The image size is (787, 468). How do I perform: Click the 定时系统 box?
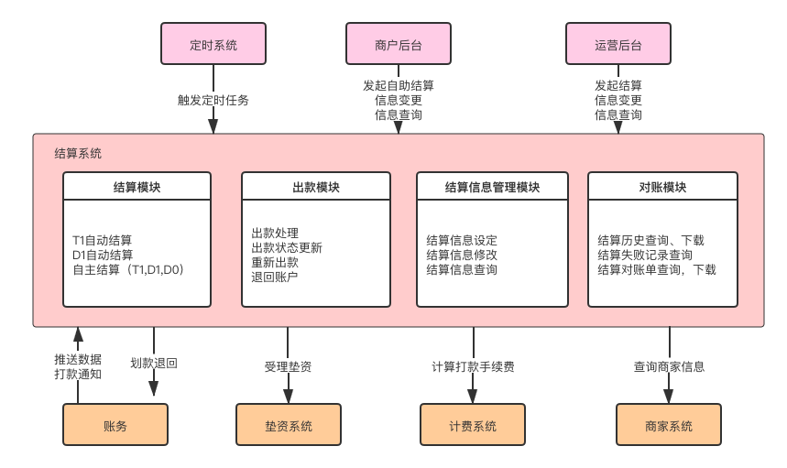click(213, 44)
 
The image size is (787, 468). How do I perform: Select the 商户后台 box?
click(399, 44)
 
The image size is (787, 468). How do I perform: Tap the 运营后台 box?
click(618, 44)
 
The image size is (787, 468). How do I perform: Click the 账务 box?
click(115, 426)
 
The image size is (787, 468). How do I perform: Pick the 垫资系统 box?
click(289, 426)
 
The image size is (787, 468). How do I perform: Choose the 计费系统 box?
click(473, 426)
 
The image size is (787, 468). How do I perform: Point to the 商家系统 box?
click(668, 426)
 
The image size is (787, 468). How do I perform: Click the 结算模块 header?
click(137, 188)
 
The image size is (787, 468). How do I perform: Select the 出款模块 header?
click(316, 188)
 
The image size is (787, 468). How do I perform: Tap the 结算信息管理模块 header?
click(492, 188)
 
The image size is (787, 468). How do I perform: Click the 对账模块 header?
click(662, 188)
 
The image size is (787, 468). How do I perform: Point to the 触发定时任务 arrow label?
click(213, 99)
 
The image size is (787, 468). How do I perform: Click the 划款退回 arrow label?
click(153, 364)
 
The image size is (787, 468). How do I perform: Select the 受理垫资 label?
click(288, 366)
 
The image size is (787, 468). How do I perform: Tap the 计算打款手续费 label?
click(473, 366)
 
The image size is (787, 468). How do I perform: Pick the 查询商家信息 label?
click(669, 366)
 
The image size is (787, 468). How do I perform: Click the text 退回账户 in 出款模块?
click(275, 277)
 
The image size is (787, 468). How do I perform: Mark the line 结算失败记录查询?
click(645, 255)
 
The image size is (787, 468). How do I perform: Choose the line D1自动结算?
click(103, 255)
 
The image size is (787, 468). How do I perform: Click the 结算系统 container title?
click(79, 153)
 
